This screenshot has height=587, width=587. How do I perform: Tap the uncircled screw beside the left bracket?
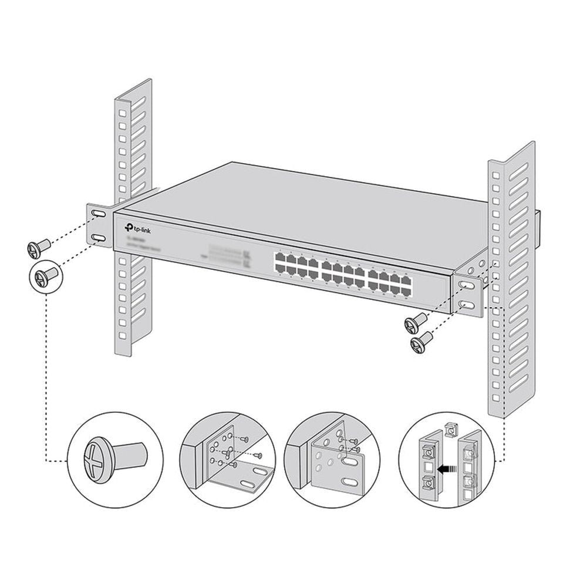point(36,248)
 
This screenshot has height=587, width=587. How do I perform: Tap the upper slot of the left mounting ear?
point(98,217)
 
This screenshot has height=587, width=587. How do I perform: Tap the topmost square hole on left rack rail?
point(122,111)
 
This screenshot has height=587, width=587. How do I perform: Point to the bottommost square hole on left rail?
point(122,337)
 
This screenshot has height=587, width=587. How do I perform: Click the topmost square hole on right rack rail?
point(494,177)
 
